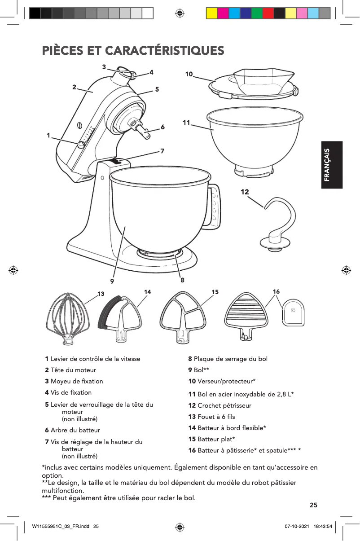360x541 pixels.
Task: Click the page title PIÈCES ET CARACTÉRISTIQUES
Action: tap(133, 50)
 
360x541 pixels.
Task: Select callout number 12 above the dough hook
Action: tap(245, 192)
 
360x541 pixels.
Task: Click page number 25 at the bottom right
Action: tap(314, 505)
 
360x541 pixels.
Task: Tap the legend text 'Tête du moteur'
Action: tap(73, 370)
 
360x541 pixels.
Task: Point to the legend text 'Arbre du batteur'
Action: tap(75, 430)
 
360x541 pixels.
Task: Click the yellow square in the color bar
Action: tap(212, 13)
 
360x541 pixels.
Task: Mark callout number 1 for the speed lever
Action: tap(48, 135)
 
